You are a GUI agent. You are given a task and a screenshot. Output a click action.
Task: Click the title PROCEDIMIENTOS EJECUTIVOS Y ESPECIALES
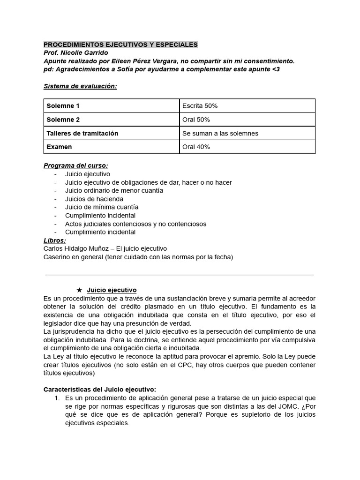click(120, 45)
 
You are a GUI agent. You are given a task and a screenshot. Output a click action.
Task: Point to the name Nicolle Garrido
click(83, 53)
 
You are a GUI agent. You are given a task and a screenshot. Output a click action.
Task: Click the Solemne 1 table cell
click(63, 106)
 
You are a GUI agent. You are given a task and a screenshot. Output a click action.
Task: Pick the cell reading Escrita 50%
click(200, 106)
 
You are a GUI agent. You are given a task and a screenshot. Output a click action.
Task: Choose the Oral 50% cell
click(196, 120)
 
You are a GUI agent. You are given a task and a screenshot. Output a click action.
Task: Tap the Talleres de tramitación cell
click(82, 133)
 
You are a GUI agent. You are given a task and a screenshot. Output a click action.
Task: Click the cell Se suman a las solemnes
click(220, 133)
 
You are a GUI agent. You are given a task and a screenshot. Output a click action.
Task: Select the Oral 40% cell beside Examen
click(196, 147)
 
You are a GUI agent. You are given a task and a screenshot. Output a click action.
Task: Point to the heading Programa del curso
click(75, 165)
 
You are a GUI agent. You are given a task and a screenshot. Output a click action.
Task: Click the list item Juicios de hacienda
click(94, 199)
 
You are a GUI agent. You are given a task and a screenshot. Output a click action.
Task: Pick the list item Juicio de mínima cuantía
click(102, 207)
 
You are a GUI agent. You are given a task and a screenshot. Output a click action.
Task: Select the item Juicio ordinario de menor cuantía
click(114, 190)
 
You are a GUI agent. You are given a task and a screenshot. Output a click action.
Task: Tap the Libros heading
click(55, 240)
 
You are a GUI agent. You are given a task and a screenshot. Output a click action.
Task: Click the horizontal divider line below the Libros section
click(180, 275)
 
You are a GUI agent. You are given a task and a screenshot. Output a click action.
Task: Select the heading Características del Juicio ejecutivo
click(100, 390)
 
